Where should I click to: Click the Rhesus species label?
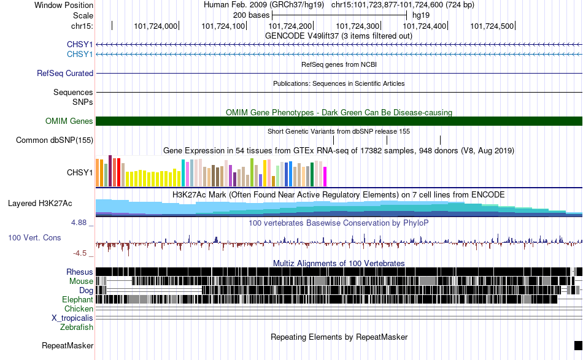(x=80, y=272)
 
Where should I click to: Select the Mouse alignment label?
(x=81, y=281)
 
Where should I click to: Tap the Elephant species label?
(x=77, y=299)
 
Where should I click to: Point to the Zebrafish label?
(x=77, y=327)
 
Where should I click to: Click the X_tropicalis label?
(x=72, y=318)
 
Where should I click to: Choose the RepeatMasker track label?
(x=68, y=345)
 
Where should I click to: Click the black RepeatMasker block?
(x=578, y=345)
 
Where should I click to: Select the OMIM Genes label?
(x=69, y=121)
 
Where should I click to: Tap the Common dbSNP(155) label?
(x=55, y=140)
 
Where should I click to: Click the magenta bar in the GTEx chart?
(x=325, y=177)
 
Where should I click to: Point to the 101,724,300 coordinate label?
(x=357, y=26)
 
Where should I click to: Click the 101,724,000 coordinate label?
(x=156, y=26)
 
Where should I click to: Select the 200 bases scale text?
(x=252, y=15)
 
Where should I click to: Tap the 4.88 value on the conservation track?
(x=79, y=223)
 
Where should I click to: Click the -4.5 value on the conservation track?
(x=80, y=253)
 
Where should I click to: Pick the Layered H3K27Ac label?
(x=40, y=203)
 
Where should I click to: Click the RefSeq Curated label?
(x=65, y=73)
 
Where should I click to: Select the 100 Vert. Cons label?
(x=34, y=238)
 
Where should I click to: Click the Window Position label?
(x=64, y=5)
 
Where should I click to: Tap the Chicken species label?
(x=79, y=308)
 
